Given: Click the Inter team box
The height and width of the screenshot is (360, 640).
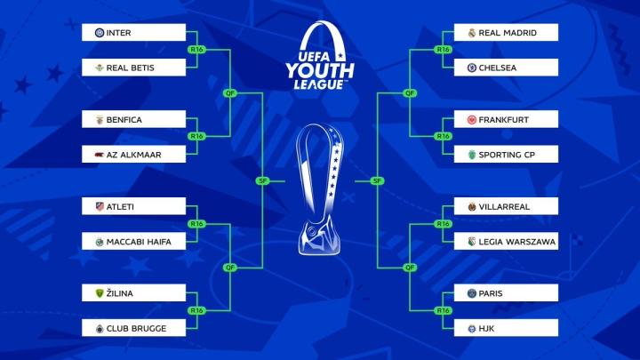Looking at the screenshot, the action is click(134, 33).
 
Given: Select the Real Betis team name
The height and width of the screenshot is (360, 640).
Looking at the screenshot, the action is click(130, 68).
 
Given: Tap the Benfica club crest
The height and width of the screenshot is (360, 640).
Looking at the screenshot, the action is click(100, 120).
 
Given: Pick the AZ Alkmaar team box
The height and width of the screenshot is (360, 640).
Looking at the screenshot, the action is click(134, 155).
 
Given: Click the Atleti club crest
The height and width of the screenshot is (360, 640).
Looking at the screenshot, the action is click(100, 206).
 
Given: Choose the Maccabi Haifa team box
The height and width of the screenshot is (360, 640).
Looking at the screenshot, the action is click(134, 241).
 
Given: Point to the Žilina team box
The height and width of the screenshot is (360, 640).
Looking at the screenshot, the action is click(134, 293).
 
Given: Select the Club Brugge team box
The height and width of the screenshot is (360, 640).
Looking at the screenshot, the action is click(134, 328).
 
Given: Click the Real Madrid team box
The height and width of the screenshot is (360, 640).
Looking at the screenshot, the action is click(506, 33).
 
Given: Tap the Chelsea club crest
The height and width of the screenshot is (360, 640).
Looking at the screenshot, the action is click(472, 68).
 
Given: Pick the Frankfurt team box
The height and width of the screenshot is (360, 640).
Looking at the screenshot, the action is click(506, 120).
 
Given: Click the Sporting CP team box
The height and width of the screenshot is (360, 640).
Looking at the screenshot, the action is click(506, 155).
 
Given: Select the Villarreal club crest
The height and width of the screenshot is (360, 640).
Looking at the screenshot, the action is click(472, 206).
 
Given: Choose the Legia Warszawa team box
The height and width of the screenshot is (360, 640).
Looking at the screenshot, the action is click(506, 241).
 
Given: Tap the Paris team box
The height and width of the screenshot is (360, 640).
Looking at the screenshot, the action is click(506, 293).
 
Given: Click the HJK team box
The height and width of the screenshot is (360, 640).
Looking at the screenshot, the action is click(506, 328).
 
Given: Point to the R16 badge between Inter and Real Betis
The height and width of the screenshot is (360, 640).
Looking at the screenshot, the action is click(196, 50).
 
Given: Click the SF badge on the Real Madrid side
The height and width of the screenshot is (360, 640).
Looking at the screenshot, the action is click(377, 180).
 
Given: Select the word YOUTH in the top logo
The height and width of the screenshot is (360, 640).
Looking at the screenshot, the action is click(320, 70).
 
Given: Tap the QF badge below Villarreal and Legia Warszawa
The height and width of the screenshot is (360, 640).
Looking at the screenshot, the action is click(410, 268).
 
